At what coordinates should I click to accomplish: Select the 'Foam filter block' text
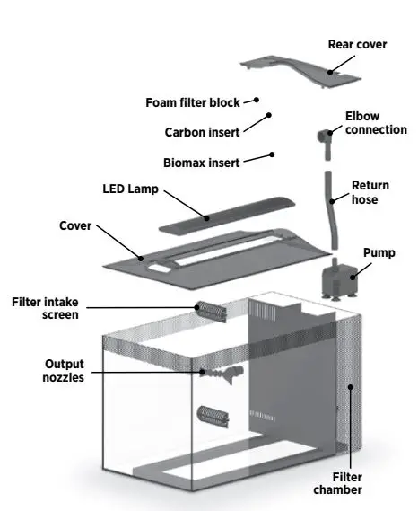pyautogui.click(x=193, y=102)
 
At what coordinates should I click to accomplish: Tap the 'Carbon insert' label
pyautogui.click(x=202, y=132)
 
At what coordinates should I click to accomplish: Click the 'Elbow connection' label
pyautogui.click(x=376, y=123)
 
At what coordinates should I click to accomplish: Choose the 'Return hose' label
pyautogui.click(x=370, y=192)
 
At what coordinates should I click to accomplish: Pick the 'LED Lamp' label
pyautogui.click(x=131, y=189)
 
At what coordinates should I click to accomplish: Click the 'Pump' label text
pyautogui.click(x=378, y=253)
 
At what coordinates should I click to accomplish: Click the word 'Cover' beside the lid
pyautogui.click(x=75, y=226)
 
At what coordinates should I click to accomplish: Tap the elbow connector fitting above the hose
pyautogui.click(x=324, y=137)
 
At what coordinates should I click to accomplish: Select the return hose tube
pyautogui.click(x=329, y=207)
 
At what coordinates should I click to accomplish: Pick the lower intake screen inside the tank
pyautogui.click(x=213, y=417)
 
